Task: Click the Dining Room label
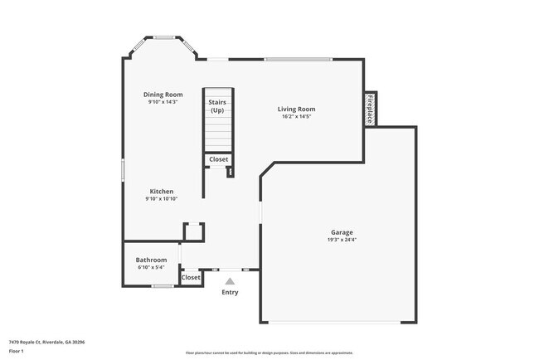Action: click(162, 95)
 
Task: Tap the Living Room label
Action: click(296, 109)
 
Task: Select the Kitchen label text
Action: click(162, 192)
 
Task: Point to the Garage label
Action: click(342, 232)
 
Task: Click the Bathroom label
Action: click(151, 260)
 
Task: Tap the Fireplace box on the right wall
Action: click(370, 109)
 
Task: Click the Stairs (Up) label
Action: click(217, 106)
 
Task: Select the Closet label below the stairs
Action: click(218, 159)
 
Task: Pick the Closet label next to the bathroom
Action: click(191, 277)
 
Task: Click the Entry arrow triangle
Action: click(230, 282)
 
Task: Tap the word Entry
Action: click(230, 292)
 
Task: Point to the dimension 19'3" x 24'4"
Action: click(342, 240)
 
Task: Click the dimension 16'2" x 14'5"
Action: click(296, 117)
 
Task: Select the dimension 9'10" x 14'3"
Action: click(162, 102)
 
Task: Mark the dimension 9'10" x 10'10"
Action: click(162, 199)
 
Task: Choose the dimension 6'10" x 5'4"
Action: click(151, 267)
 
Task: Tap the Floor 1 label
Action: click(17, 351)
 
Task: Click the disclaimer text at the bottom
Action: click(269, 353)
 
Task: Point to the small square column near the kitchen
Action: click(193, 231)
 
